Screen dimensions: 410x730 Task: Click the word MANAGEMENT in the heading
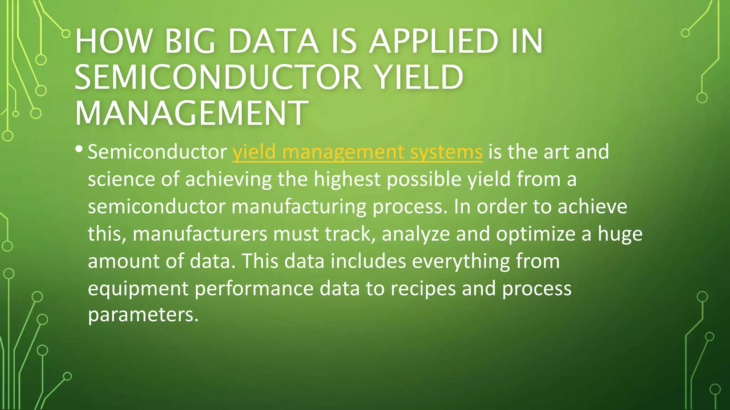[191, 113]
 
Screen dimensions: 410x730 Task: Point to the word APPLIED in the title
[433, 42]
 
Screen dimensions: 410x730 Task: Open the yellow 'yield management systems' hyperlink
[358, 152]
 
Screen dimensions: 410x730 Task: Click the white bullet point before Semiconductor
[79, 148]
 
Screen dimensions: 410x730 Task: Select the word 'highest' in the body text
[347, 179]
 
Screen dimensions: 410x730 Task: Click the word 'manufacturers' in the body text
[200, 234]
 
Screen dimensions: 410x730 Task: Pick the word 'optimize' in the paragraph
[536, 234]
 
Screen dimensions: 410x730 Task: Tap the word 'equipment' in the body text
[138, 289]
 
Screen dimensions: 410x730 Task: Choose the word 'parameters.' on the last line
[143, 315]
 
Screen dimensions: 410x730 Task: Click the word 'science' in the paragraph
[122, 179]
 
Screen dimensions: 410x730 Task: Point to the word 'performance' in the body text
[254, 289]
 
